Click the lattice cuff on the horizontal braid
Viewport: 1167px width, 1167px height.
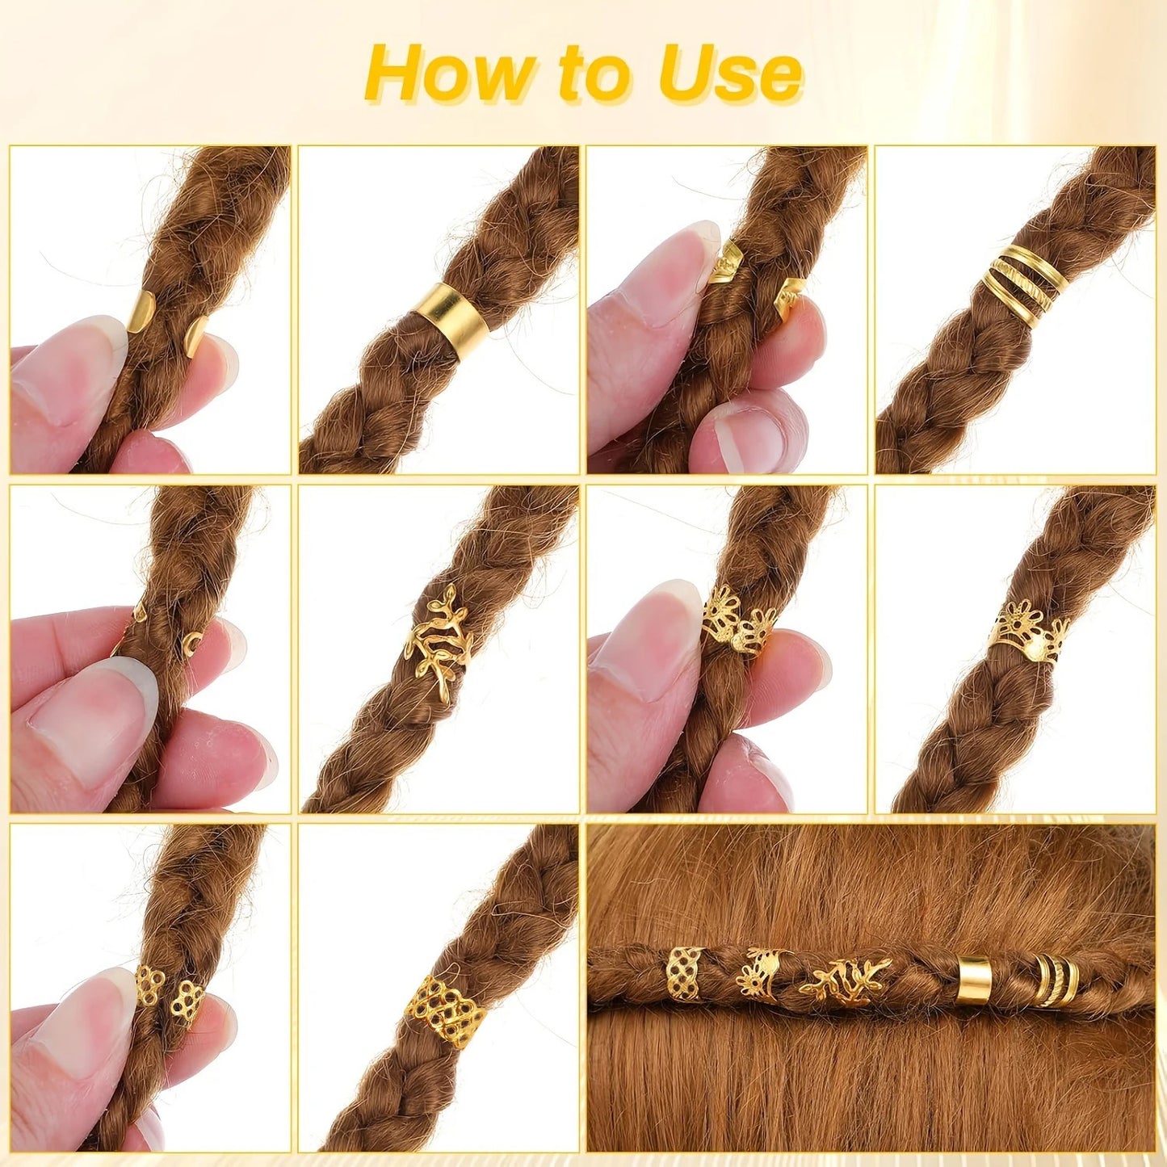click(x=684, y=972)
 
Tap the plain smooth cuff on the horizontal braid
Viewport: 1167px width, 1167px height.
click(x=974, y=980)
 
